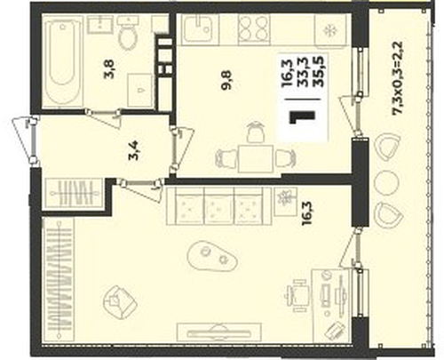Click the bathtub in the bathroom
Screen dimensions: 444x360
pos(62,61)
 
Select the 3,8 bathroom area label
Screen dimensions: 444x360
pos(109,68)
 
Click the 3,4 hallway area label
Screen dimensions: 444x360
pos(134,150)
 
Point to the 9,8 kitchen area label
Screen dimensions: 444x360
pos(227,80)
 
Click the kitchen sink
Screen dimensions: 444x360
pos(200,29)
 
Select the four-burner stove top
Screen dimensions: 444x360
pos(254,28)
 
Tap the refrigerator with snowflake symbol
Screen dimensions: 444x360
pos(330,30)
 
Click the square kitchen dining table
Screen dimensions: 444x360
pos(256,159)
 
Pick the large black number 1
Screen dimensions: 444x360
pos(302,117)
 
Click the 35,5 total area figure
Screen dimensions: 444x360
pos(320,71)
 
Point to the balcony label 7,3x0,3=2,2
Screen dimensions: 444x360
pos(397,77)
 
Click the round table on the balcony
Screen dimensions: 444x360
pos(386,183)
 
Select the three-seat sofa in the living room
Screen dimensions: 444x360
pos(219,205)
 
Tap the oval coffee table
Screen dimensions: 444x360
pos(212,256)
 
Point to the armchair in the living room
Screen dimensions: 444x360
pos(120,302)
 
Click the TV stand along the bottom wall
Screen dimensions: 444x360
pos(219,332)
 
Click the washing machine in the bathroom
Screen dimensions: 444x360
pos(139,91)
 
